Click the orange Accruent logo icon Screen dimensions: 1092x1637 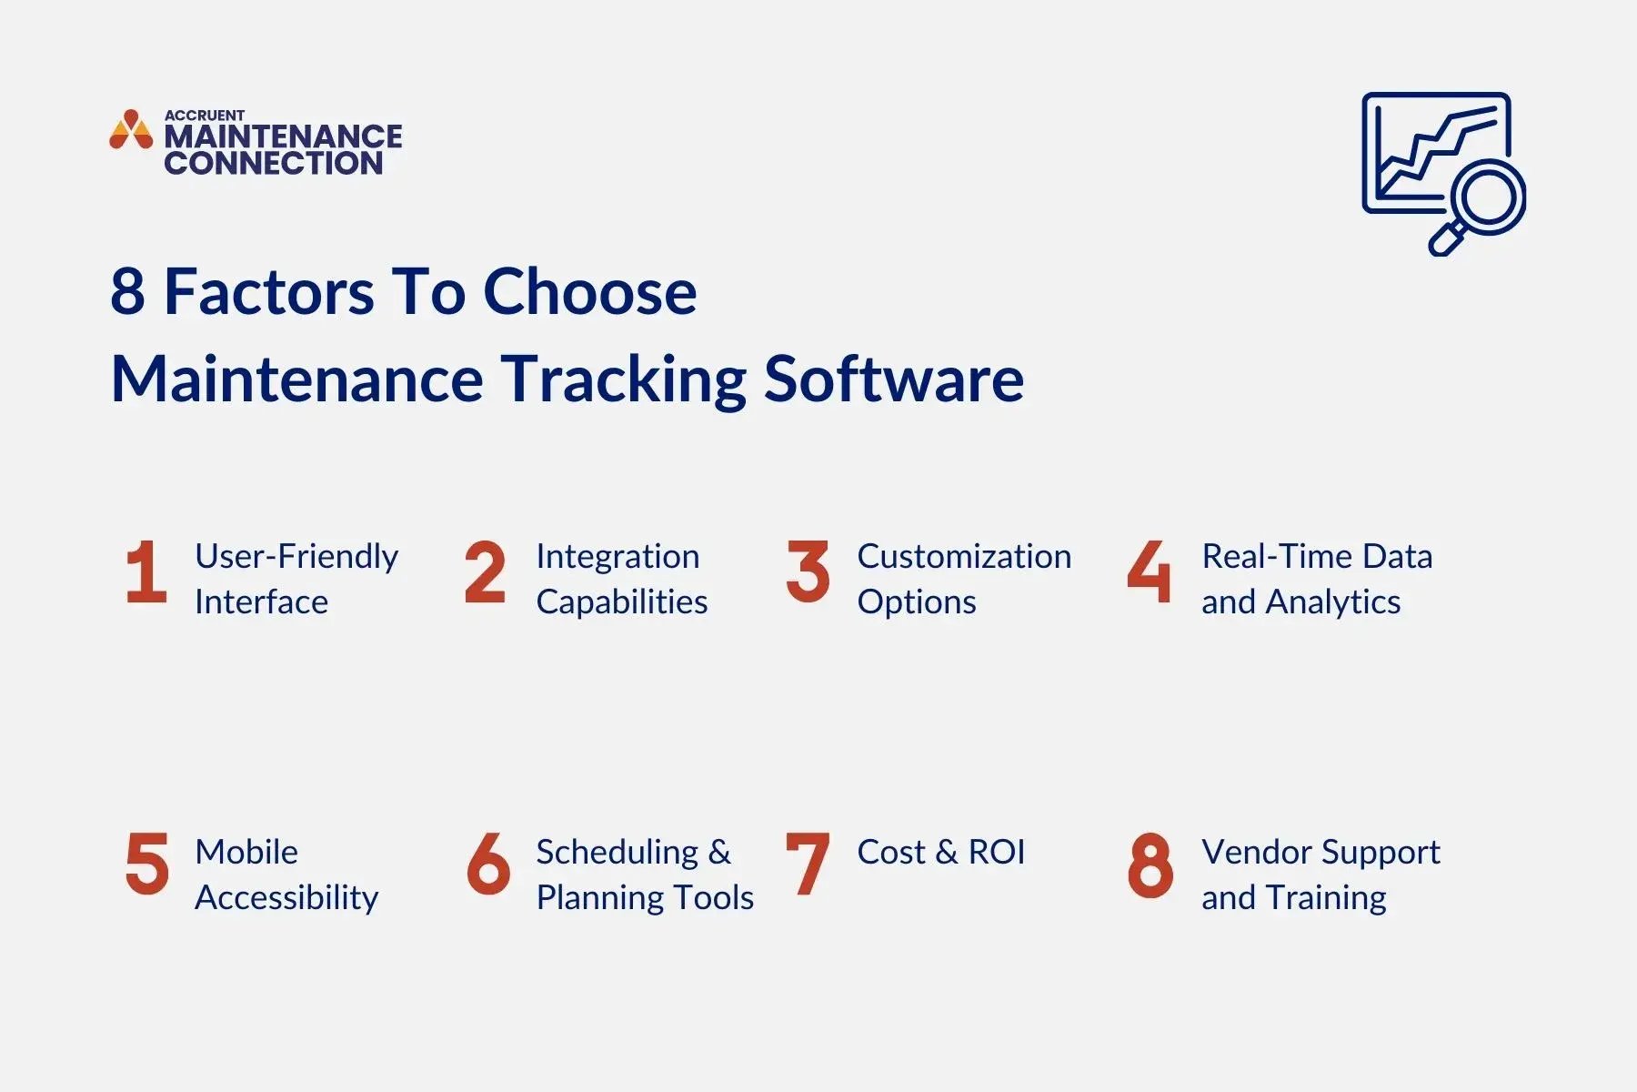point(131,130)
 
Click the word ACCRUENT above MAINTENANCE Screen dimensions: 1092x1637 point(204,115)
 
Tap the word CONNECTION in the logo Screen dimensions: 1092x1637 point(273,164)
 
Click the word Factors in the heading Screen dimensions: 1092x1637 point(268,292)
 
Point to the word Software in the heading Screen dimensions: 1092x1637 point(893,379)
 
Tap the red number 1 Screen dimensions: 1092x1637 point(146,572)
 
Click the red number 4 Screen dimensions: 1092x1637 point(1149,572)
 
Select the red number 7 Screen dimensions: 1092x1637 point(807,864)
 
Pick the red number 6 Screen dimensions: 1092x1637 point(487,864)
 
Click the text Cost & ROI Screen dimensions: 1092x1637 point(940,853)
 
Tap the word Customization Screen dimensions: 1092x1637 point(964,556)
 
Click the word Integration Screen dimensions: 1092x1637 point(618,556)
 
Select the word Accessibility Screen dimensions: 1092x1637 point(286,898)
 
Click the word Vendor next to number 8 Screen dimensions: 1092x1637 point(1257,853)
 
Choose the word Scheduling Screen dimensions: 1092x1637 point(617,853)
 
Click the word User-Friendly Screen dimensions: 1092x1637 point(296,556)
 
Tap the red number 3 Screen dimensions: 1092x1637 point(808,572)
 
